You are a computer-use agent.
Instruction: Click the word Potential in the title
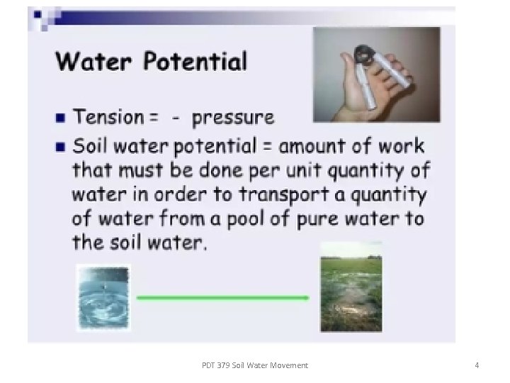(x=195, y=62)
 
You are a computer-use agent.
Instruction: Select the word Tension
(x=107, y=116)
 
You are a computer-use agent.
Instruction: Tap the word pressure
(x=232, y=117)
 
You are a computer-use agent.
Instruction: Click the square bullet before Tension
(x=62, y=116)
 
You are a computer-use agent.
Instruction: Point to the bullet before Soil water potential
(x=62, y=147)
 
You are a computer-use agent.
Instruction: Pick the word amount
(x=317, y=147)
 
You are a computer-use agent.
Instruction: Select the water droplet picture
(x=103, y=298)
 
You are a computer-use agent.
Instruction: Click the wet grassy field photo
(x=351, y=287)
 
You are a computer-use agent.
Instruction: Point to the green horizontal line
(x=222, y=298)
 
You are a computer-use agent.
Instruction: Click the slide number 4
(x=477, y=365)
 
